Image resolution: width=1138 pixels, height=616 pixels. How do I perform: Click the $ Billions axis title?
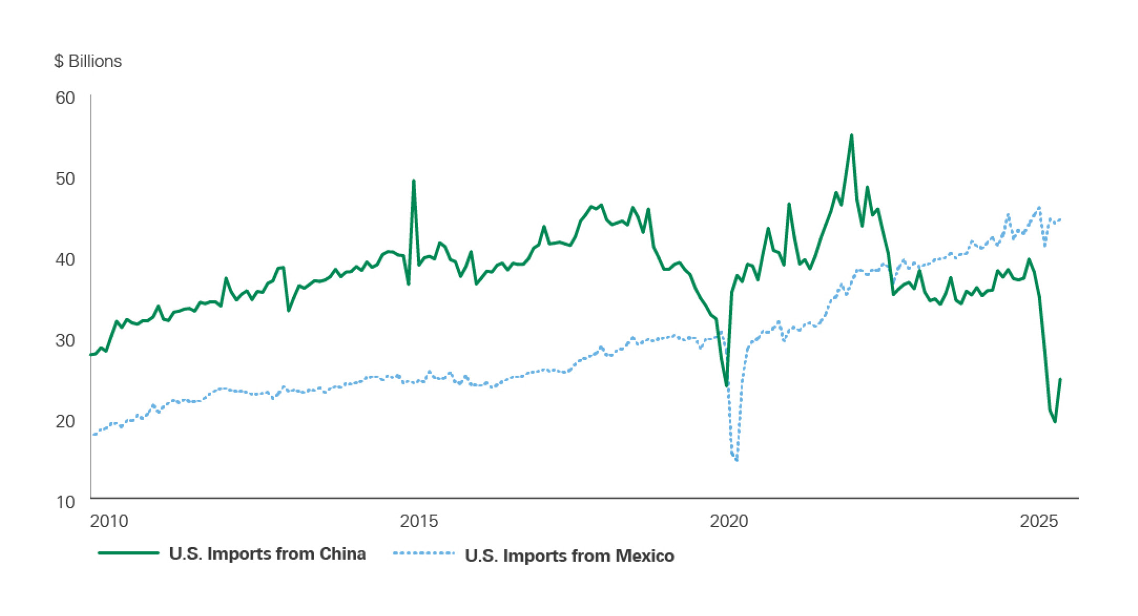click(88, 61)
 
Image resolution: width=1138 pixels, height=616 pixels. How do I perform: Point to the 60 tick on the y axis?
click(65, 98)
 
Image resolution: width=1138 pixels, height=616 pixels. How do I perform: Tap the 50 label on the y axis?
click(65, 179)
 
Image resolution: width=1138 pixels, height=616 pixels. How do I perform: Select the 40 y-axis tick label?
click(65, 259)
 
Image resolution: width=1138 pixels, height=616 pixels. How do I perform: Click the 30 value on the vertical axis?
click(65, 340)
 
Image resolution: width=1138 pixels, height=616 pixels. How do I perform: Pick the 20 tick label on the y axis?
click(65, 421)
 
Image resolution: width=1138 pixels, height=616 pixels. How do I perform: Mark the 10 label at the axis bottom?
click(65, 502)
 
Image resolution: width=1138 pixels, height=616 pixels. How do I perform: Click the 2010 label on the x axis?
click(109, 521)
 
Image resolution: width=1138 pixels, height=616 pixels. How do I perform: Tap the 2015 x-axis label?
click(419, 521)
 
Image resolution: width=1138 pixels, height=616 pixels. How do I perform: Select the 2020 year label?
click(729, 521)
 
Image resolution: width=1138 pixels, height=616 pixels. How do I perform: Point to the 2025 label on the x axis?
click(1039, 521)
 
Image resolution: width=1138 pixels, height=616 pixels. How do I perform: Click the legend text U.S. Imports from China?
click(267, 554)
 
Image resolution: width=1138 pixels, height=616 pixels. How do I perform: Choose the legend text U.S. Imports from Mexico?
click(570, 556)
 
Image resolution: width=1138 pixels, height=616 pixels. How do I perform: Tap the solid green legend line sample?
click(129, 553)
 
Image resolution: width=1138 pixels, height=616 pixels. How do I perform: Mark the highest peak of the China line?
click(852, 135)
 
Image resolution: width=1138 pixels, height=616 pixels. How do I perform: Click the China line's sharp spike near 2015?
click(413, 181)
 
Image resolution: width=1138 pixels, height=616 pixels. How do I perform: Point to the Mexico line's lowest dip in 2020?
click(737, 461)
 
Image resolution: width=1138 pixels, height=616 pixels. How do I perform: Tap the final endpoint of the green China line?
click(1060, 379)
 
